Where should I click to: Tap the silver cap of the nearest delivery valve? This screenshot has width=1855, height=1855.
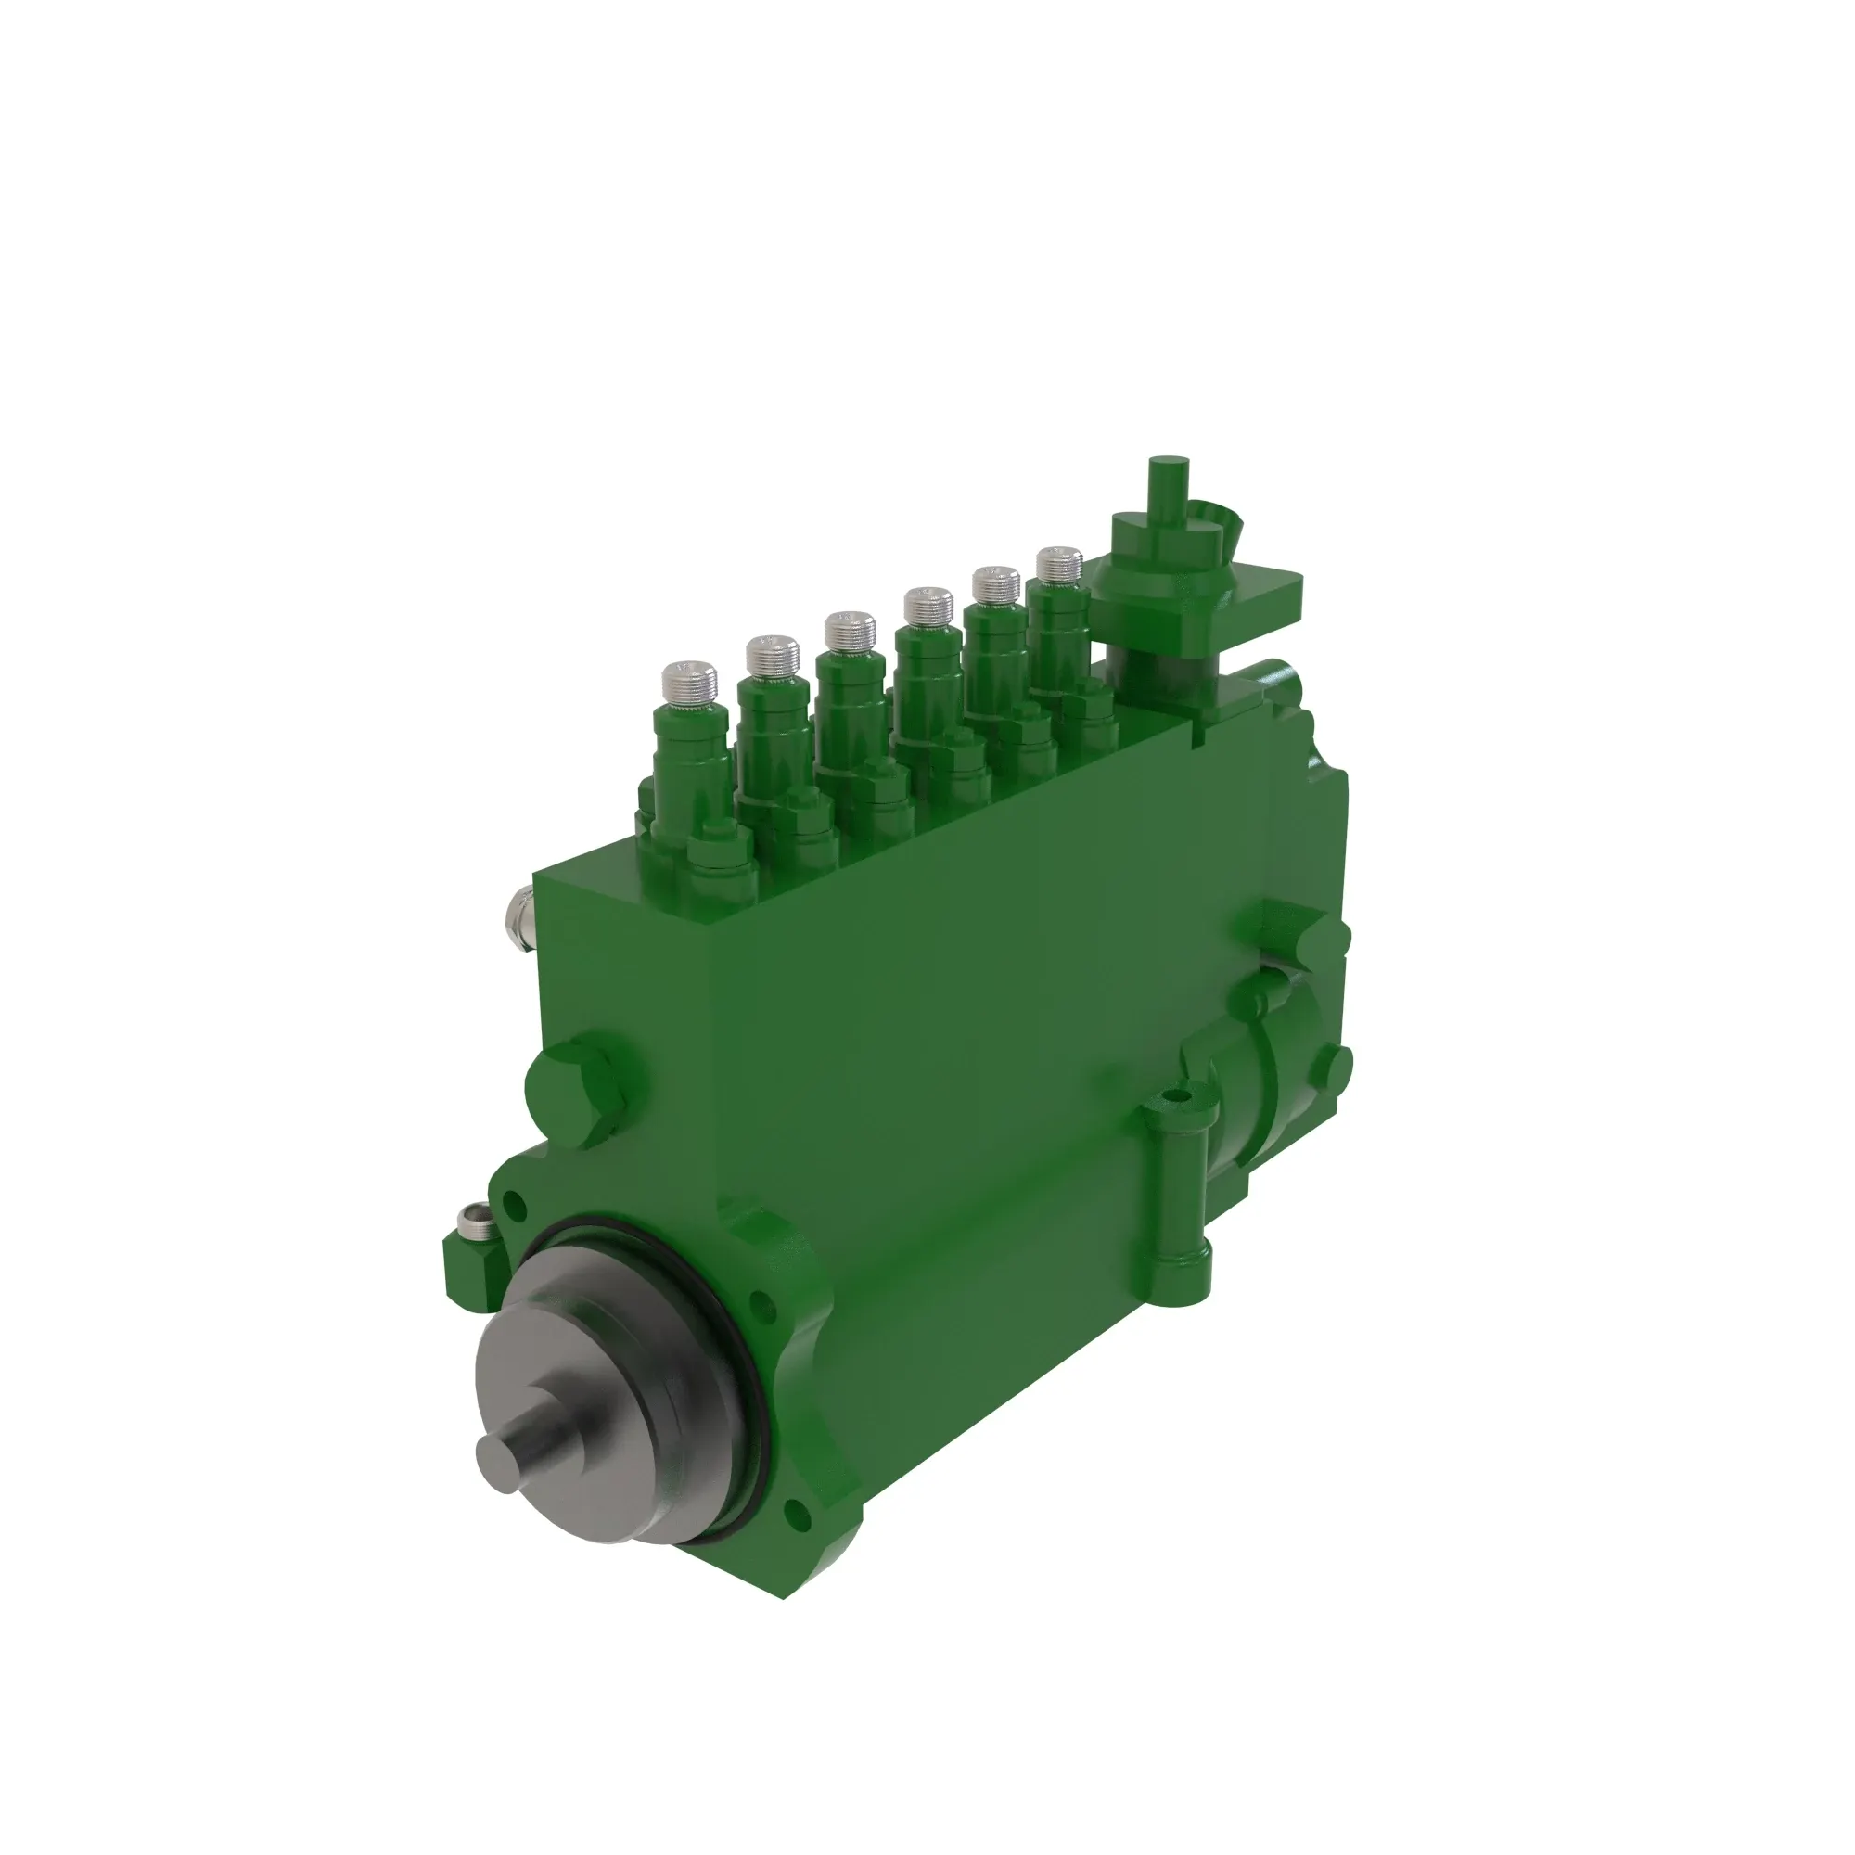point(689,681)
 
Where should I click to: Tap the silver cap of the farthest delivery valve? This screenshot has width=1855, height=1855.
point(1060,564)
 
